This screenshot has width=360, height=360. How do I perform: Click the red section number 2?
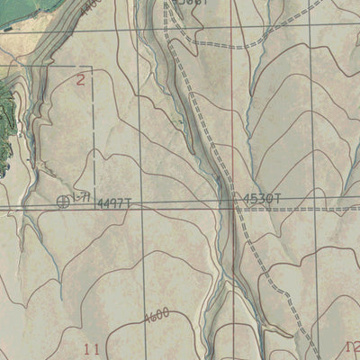point(81,79)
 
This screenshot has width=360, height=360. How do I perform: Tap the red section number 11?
point(90,348)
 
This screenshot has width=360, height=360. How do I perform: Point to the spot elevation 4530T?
point(261,198)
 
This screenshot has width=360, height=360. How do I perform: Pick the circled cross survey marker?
point(63,201)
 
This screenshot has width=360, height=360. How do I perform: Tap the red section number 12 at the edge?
point(353,346)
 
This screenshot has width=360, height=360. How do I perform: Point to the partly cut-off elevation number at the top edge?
point(191,4)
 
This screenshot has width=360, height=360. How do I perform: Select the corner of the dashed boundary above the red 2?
point(94,67)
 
